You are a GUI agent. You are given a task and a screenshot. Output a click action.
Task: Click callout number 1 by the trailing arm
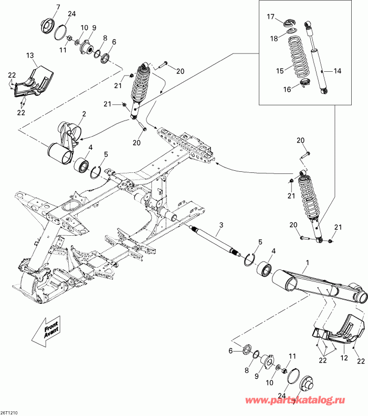[308, 262]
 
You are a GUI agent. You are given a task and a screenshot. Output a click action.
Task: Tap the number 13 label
[29, 55]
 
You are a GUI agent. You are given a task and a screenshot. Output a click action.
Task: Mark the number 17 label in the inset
[270, 16]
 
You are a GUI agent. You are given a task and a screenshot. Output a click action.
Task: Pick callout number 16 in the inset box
[287, 90]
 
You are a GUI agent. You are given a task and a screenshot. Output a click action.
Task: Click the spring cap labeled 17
[289, 24]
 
